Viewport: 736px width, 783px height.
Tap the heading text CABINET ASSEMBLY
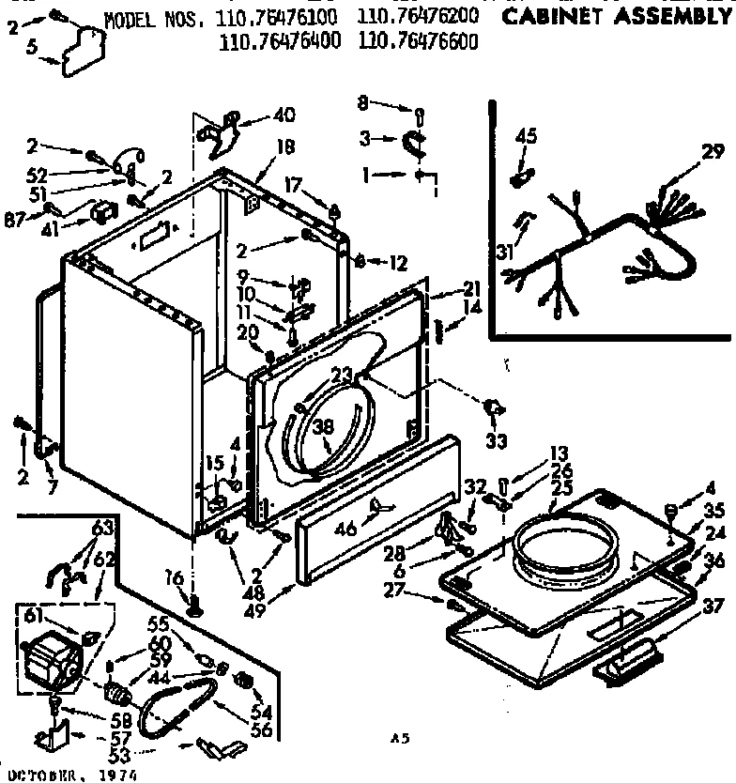[616, 18]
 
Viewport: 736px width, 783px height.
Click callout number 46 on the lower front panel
[347, 530]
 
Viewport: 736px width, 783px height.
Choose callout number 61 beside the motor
[31, 615]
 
